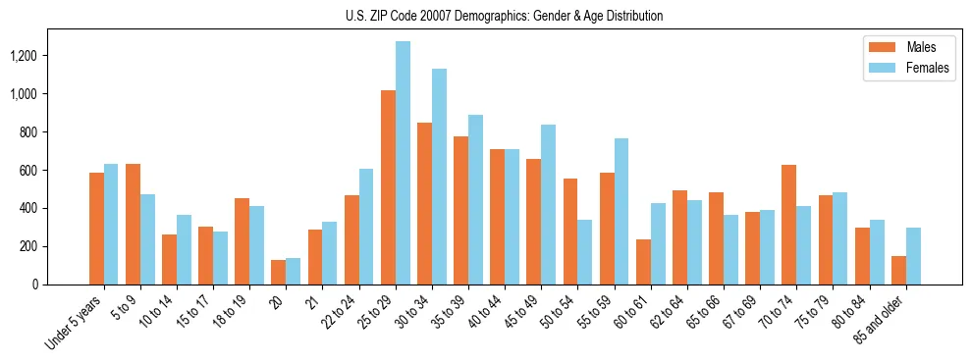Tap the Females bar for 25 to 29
(x=403, y=163)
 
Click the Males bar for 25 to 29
(x=388, y=187)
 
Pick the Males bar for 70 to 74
(x=789, y=225)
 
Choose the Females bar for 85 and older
(x=913, y=256)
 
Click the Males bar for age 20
(x=279, y=272)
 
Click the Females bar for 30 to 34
(x=439, y=177)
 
